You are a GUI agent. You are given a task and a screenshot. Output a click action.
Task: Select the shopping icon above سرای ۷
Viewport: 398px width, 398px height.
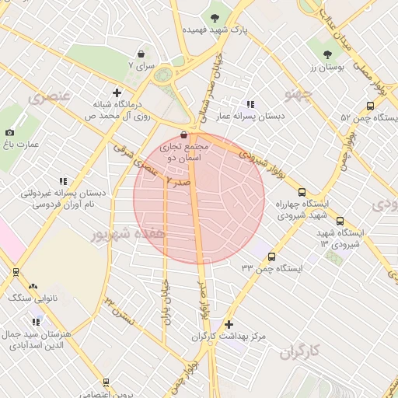click(x=141, y=54)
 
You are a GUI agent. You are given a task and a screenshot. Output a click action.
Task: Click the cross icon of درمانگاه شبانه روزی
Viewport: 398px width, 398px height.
click(x=117, y=92)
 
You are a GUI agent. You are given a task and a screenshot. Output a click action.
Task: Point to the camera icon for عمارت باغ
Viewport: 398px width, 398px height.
click(x=9, y=133)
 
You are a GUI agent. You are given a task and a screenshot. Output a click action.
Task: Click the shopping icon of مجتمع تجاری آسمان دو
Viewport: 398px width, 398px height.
click(x=183, y=134)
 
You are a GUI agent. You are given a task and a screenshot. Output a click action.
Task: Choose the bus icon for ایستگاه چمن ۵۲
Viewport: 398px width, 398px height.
click(x=370, y=106)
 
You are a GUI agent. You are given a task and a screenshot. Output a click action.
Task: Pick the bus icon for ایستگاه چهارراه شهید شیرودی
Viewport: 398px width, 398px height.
click(x=302, y=192)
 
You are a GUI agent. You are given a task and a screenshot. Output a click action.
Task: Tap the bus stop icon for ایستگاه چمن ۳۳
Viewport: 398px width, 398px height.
click(x=271, y=257)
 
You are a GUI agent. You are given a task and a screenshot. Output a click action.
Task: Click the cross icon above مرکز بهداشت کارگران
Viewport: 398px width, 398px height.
click(x=229, y=324)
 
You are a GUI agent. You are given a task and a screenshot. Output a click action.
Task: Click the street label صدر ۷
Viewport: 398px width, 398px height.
click(x=178, y=180)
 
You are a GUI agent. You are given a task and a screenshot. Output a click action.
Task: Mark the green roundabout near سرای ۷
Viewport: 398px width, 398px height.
click(x=164, y=75)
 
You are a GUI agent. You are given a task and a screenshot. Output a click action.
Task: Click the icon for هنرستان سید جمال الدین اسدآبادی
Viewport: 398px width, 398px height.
click(x=35, y=321)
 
